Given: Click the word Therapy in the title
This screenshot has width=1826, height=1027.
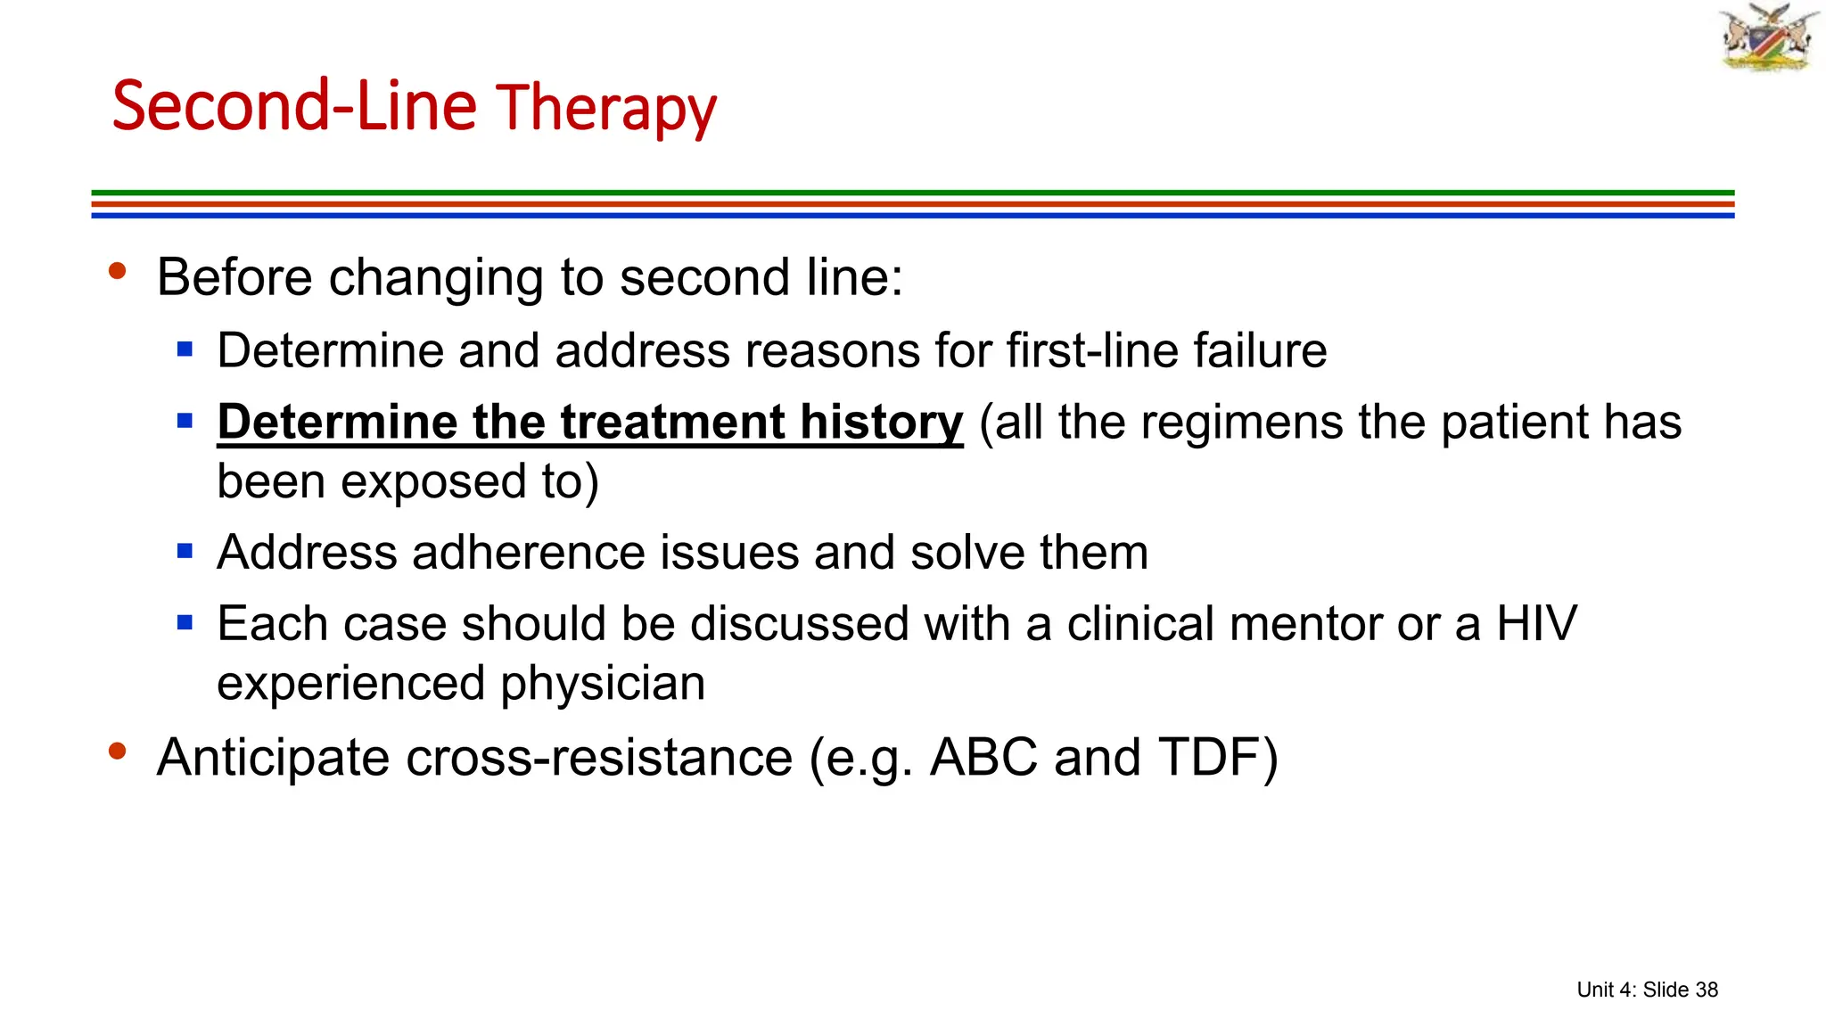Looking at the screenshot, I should point(605,109).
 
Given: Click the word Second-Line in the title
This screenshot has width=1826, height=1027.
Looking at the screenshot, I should point(294,105).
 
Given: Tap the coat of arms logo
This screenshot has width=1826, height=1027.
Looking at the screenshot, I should point(1768,37).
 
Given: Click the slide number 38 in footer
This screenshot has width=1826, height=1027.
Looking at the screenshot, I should point(1707,990).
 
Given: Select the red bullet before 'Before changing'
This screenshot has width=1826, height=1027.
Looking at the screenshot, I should point(118,271).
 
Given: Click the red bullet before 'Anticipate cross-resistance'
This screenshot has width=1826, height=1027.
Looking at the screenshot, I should point(118,752).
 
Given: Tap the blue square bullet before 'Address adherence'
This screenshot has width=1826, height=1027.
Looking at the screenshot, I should point(185,551).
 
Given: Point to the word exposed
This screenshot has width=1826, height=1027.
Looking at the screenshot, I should point(433,482).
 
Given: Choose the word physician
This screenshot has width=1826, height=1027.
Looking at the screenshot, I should point(603,684).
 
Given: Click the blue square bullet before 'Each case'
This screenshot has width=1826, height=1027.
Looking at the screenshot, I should point(185,622).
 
